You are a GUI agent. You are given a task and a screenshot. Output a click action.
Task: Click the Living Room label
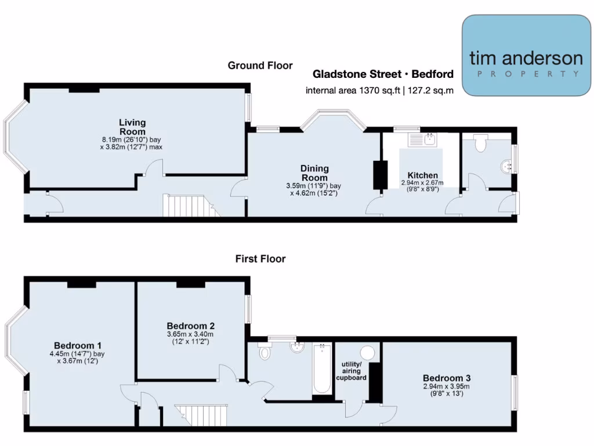click(132, 127)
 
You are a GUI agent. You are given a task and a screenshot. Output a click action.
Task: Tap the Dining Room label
click(314, 173)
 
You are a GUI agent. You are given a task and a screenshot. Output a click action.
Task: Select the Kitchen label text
click(422, 175)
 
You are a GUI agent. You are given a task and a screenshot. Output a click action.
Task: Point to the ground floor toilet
click(480, 142)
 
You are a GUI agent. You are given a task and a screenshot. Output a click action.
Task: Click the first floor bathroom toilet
click(265, 351)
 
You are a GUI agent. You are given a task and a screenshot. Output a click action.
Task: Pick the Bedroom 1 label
click(78, 343)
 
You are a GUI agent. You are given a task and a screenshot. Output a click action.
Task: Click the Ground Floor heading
click(260, 66)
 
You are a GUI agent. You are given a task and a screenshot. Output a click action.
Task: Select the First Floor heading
click(260, 259)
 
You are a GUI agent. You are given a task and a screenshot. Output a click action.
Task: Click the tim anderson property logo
click(526, 56)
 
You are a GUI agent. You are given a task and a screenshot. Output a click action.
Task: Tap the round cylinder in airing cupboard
click(367, 353)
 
